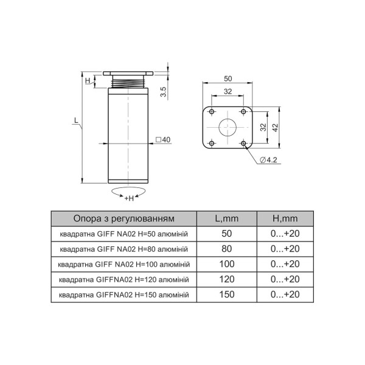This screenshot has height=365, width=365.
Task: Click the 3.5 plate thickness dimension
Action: (x=164, y=92)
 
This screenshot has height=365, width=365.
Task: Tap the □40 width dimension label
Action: (x=163, y=140)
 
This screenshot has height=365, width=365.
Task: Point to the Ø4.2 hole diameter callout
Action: (x=268, y=160)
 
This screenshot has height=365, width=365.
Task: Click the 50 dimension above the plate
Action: (x=228, y=78)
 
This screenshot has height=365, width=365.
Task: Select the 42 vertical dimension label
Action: (x=275, y=128)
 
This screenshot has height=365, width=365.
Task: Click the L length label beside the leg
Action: (x=76, y=120)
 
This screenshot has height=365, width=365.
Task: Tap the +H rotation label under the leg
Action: (x=129, y=198)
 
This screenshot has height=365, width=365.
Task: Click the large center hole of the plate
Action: (x=228, y=127)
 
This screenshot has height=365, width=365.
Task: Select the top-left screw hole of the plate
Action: (x=212, y=112)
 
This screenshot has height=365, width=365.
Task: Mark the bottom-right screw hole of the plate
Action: (x=243, y=143)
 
